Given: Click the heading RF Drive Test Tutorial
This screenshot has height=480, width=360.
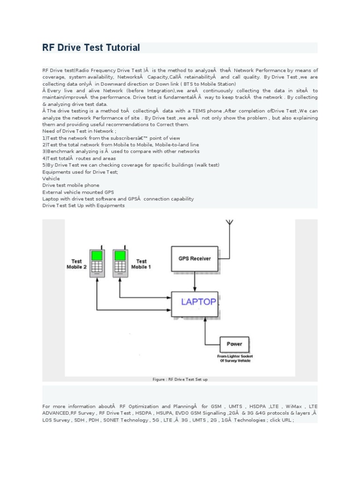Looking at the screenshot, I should (91, 48).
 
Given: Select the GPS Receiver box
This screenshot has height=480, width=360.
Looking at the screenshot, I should (195, 258).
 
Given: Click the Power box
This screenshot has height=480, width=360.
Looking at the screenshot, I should (234, 344).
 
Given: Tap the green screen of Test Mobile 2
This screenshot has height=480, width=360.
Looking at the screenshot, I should (97, 255).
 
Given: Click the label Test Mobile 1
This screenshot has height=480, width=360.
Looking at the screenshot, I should (141, 264).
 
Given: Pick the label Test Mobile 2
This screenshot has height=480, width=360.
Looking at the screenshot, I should (76, 264).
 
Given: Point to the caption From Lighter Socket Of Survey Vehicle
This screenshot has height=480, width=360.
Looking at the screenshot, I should (235, 358).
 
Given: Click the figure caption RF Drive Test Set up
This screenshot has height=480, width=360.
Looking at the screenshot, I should (180, 379).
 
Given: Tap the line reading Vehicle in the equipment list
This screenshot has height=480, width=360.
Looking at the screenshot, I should (51, 179).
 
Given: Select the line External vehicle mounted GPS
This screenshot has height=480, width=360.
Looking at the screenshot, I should (78, 192).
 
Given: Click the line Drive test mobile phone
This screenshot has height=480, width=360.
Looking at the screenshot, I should (71, 185).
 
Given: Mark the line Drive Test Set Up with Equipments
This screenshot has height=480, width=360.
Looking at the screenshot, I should (83, 205).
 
